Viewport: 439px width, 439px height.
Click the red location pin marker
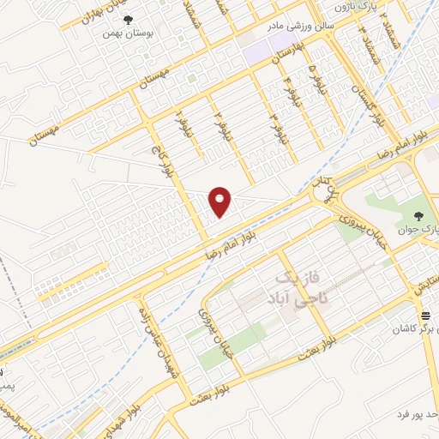point(221,201)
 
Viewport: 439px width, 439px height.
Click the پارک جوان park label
point(418,230)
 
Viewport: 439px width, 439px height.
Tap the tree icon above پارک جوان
point(418,216)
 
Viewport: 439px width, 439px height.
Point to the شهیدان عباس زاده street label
point(153,334)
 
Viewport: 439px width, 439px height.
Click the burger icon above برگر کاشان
point(425,316)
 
